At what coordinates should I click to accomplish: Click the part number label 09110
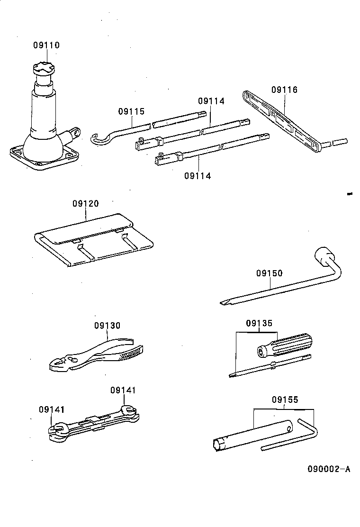point(46,45)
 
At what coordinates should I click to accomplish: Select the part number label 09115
point(131,112)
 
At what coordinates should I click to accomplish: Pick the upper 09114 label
point(211,101)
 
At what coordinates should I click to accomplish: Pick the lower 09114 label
point(198,176)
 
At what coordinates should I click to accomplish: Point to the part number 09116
point(285,90)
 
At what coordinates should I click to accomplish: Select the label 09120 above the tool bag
point(86,204)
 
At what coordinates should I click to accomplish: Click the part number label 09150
point(269,273)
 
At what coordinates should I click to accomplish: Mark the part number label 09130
point(107,326)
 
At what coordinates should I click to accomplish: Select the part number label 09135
point(259,324)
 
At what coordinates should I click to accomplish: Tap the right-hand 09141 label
point(123,390)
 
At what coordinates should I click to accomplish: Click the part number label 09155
point(285,400)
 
